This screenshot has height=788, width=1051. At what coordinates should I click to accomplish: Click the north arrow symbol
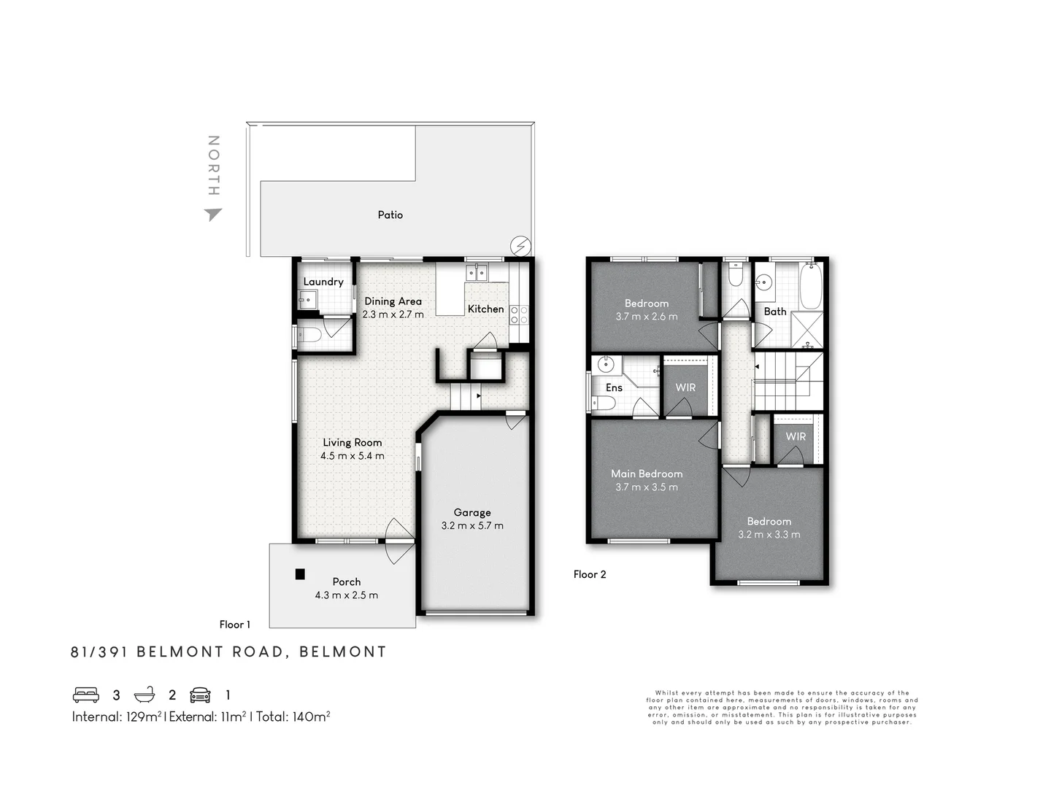pos(213,214)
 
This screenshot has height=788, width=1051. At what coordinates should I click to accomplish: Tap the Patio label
pos(390,215)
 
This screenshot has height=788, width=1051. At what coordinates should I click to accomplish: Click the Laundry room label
pos(323,282)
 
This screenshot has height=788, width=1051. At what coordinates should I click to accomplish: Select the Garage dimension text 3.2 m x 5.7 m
pos(472,525)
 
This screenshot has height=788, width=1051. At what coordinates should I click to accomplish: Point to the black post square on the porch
pos(300,574)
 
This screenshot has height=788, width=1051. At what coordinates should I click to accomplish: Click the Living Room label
pos(353,442)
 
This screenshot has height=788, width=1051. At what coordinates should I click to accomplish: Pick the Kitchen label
pos(485,309)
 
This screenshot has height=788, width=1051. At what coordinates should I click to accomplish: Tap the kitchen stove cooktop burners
pos(519,314)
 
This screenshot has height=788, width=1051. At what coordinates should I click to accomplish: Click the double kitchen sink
pos(477,273)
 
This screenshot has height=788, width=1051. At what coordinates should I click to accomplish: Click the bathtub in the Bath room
pos(811,287)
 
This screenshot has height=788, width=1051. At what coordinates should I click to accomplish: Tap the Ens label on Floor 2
pos(614,387)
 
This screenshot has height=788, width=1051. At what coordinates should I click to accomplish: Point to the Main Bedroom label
pos(647,474)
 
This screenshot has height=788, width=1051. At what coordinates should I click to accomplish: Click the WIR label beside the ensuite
pos(685,387)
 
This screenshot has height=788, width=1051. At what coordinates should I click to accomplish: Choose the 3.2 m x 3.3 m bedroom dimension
pos(769,534)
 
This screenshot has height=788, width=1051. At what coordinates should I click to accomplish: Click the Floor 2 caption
pos(590,574)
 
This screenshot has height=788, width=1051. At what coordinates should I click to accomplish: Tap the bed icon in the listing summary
pos(86,695)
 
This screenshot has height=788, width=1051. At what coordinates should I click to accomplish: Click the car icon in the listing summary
pos(200,695)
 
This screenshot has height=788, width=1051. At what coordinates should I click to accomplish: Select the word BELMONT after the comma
pos(343,652)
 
